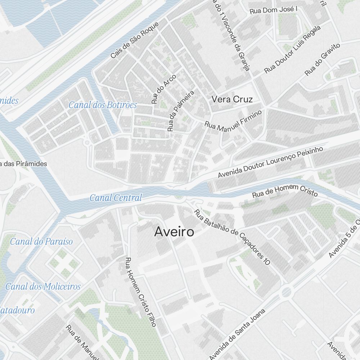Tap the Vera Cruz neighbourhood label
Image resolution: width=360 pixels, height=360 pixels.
[x=232, y=99]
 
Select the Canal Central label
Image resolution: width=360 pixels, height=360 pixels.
[x=116, y=198]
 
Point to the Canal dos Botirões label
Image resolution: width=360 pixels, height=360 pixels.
[x=103, y=105]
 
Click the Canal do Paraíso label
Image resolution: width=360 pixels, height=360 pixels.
[x=41, y=242]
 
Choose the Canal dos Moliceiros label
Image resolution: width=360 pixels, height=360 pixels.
[x=43, y=287]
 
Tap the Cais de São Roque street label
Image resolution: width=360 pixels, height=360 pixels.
[x=134, y=40]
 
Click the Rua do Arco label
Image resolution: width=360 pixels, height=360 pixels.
[x=163, y=89]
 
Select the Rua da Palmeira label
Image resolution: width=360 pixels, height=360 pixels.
[x=180, y=111]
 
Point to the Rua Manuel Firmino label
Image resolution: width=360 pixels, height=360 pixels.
[x=233, y=121]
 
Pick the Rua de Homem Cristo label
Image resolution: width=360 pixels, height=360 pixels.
[x=285, y=191]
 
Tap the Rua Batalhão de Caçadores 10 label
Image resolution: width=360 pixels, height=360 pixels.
[x=232, y=238]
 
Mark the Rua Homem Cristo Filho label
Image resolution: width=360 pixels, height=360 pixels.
[x=140, y=292]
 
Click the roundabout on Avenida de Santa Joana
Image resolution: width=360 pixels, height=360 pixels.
[x=286, y=292]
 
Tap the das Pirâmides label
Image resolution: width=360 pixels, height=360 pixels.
[x=24, y=164]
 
